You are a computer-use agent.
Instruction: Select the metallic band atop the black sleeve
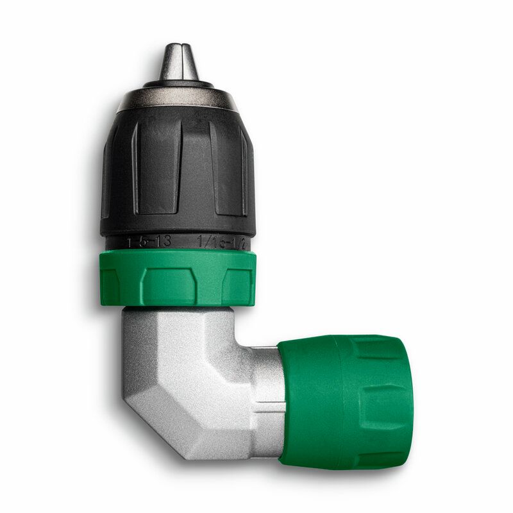tap(178, 98)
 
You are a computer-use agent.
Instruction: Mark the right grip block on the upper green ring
tap(239, 283)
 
